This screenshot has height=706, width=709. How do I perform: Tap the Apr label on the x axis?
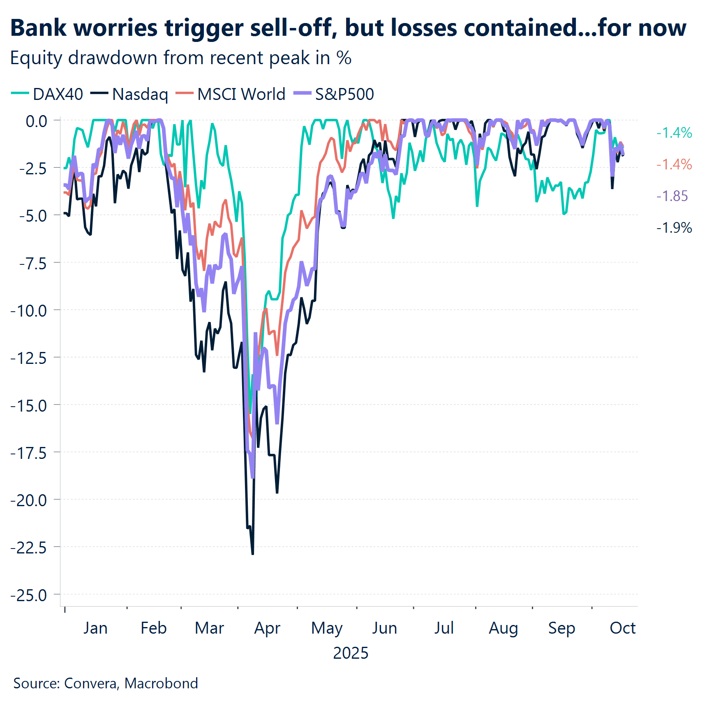[267, 628]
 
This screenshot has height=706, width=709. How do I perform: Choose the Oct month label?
[622, 628]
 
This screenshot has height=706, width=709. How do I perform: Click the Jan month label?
[95, 628]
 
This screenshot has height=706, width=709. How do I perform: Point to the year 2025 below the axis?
[351, 653]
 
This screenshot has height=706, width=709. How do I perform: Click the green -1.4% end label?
[674, 133]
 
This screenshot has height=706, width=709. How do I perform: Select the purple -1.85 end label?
[672, 196]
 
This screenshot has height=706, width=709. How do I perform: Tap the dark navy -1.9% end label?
[674, 227]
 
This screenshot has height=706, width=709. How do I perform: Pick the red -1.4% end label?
[674, 164]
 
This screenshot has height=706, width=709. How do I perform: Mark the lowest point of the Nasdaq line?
[252, 554]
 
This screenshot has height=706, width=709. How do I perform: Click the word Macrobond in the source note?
[161, 683]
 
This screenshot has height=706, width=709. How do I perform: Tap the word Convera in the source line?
[91, 683]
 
